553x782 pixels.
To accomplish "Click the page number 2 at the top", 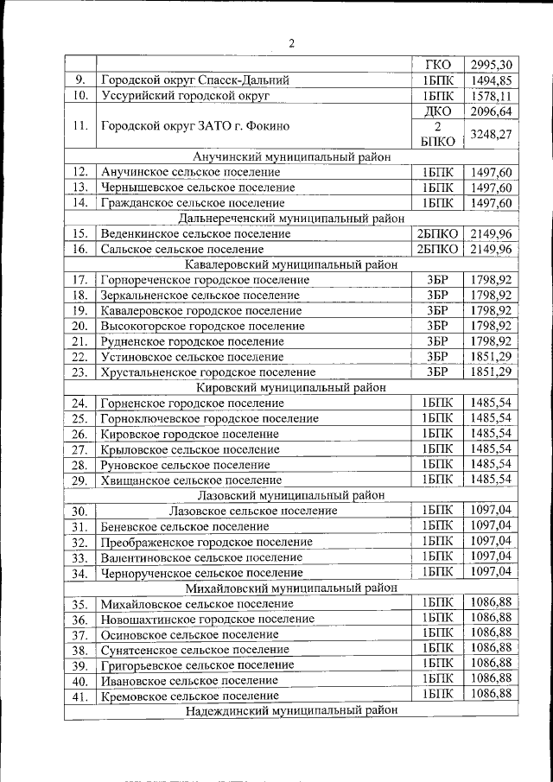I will point(291,43).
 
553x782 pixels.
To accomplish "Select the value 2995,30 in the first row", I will point(493,65).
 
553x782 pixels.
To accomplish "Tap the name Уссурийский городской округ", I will point(186,96).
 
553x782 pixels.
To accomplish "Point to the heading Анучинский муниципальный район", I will point(291,157).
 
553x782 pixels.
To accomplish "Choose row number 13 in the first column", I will point(80,188).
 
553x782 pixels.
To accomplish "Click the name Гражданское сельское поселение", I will point(190,203).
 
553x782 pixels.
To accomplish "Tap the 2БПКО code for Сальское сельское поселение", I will point(438,250).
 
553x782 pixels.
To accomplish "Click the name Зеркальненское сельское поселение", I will point(200,296).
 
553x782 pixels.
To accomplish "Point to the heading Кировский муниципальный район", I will point(291,388).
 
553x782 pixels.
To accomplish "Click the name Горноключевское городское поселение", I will point(209,419).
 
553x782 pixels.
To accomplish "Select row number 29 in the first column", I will point(80,480).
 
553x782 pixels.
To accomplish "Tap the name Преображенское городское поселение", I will point(207,543).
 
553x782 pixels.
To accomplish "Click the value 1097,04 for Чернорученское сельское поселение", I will point(491,572).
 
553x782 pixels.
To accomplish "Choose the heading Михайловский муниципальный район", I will point(291,588).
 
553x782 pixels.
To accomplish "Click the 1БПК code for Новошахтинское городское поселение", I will point(437,619).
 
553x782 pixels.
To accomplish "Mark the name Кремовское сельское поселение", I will point(189,696).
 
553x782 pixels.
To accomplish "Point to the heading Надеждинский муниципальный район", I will point(291,711).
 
